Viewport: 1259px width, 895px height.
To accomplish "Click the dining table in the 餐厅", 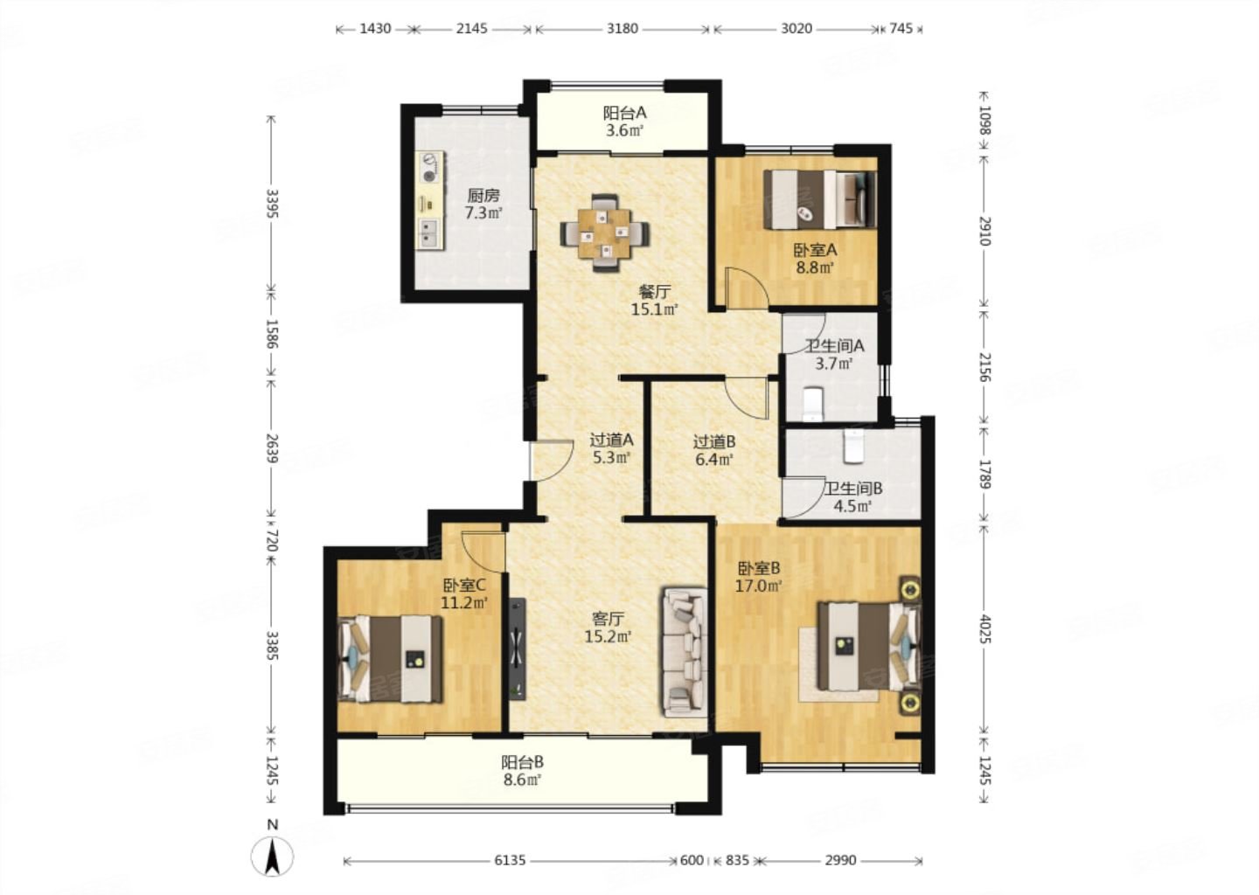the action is (605, 232).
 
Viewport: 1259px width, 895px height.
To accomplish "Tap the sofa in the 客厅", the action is (684, 652).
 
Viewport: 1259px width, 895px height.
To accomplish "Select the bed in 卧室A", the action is (820, 199).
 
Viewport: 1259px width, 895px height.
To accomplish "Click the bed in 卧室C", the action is (391, 658).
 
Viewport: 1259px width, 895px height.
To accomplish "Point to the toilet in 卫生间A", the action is (813, 404).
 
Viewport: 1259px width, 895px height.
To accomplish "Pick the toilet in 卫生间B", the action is (853, 447).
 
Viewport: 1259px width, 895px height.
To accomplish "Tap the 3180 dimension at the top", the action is (623, 28).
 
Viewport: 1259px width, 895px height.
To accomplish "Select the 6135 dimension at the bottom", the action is (510, 860).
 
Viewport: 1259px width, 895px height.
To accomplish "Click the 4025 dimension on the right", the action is (984, 628).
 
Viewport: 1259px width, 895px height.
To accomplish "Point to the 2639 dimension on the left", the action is (273, 447).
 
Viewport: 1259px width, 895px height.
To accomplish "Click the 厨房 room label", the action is (483, 196).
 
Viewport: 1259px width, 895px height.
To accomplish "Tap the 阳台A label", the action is (625, 114).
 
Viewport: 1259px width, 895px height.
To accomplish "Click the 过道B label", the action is (713, 442).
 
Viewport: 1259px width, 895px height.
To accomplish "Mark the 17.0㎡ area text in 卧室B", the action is (759, 586).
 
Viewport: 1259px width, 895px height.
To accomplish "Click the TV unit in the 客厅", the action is (518, 649).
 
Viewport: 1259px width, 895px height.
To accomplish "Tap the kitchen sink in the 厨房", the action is (430, 232).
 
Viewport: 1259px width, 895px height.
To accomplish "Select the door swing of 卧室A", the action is (747, 288).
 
